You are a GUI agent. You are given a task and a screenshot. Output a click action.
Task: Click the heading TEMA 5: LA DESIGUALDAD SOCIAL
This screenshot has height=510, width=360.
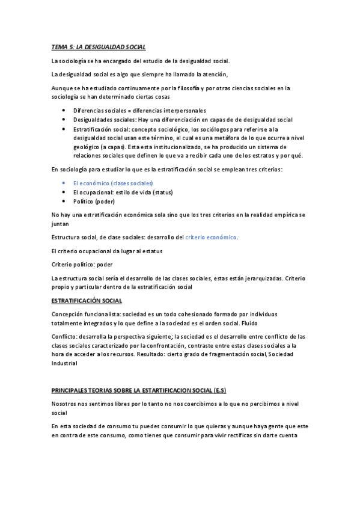tap(99, 46)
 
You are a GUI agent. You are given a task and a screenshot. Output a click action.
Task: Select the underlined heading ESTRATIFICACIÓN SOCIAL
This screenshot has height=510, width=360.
tap(87, 300)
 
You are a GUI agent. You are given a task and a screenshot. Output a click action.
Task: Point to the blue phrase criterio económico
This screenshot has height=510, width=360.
tap(211, 238)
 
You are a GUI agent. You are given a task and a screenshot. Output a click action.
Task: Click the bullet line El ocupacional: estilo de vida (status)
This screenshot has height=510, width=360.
tap(123, 192)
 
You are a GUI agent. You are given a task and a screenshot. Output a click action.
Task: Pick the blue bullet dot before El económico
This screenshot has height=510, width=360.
tap(64, 183)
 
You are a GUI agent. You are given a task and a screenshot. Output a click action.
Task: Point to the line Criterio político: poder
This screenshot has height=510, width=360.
tap(82, 264)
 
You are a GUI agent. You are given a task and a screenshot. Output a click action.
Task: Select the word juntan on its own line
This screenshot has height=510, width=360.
tap(61, 223)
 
